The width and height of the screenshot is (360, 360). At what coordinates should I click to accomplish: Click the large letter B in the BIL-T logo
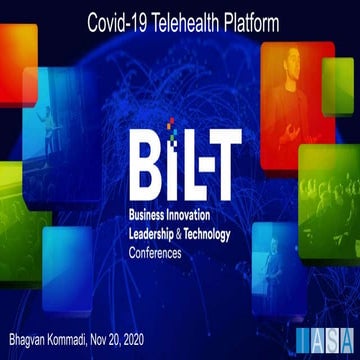[142, 162]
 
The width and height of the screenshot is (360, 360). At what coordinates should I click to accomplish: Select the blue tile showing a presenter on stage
[50, 125]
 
